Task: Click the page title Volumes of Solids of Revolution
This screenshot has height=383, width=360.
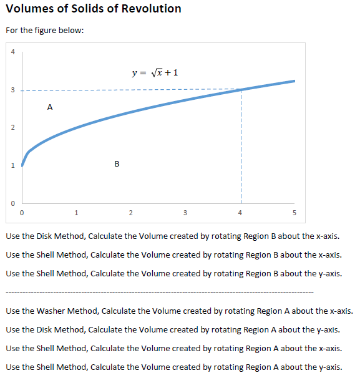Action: point(93,9)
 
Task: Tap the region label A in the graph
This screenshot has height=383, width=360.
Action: point(49,107)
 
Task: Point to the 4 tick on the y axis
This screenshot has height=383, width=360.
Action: point(11,52)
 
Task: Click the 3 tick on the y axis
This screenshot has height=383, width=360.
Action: point(11,90)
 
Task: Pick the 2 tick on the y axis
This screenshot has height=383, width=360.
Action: point(11,128)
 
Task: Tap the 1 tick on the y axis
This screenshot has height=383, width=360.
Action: point(11,165)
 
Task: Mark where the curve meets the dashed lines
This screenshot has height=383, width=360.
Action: point(240,90)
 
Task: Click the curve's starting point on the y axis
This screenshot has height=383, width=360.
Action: point(22,165)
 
